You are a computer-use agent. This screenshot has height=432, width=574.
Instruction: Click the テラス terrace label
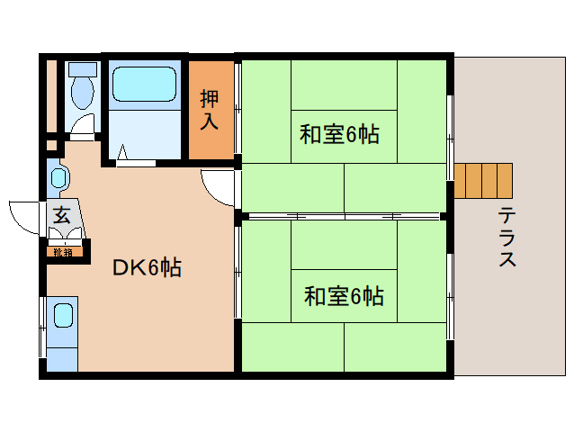pyautogui.click(x=507, y=238)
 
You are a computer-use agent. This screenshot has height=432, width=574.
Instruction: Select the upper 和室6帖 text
pyautogui.click(x=339, y=135)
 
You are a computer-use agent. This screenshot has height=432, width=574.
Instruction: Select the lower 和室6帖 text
pyautogui.click(x=344, y=295)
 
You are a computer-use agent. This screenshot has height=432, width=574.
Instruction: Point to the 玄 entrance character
pyautogui.click(x=61, y=216)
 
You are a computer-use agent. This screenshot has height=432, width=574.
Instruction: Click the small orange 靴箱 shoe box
pyautogui.click(x=63, y=251)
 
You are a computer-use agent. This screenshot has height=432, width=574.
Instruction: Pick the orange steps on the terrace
pyautogui.click(x=483, y=181)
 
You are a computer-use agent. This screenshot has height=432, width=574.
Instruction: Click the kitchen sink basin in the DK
pyautogui.click(x=63, y=316)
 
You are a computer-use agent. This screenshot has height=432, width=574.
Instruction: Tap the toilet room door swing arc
pyautogui.click(x=83, y=126)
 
